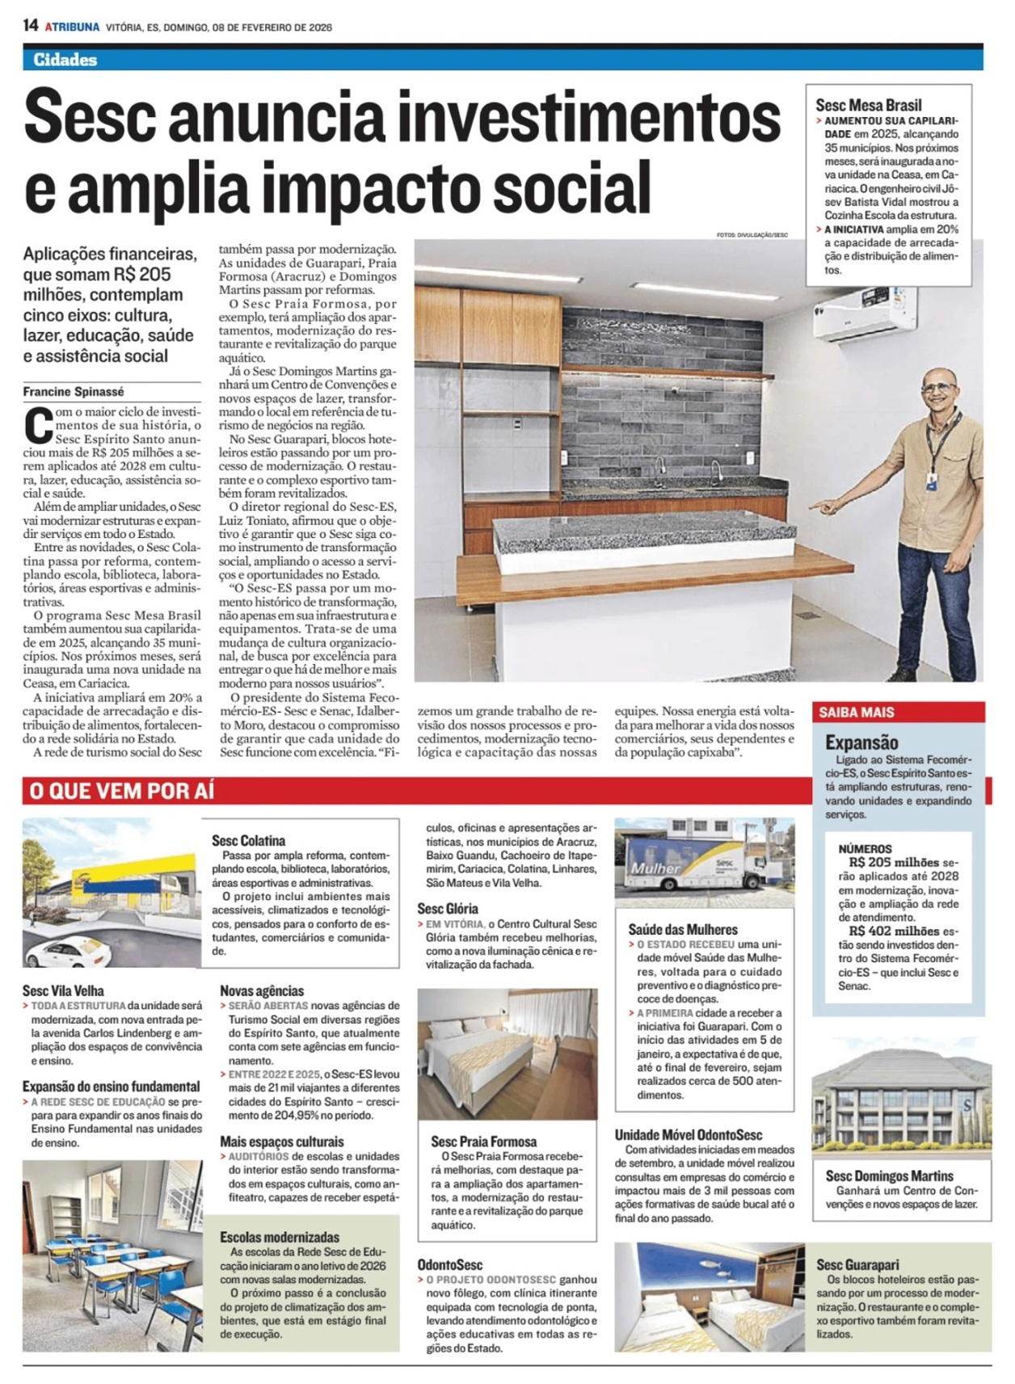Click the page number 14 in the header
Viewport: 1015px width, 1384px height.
tap(31, 25)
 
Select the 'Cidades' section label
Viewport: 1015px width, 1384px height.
tap(65, 59)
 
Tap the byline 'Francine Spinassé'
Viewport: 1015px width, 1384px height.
tap(74, 392)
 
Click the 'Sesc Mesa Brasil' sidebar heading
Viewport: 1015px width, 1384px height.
tap(869, 105)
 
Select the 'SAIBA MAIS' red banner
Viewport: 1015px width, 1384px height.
tap(857, 712)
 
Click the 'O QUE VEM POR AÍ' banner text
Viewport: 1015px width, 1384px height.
tap(122, 791)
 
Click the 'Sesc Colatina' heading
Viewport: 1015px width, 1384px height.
tap(249, 840)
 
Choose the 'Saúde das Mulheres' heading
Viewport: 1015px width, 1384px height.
tap(683, 929)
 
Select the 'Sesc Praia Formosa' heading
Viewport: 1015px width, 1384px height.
tap(483, 1141)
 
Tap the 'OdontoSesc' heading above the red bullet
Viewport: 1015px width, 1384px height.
tap(450, 1264)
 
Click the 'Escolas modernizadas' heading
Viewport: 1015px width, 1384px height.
tap(280, 1237)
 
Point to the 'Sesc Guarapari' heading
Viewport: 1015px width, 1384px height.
tap(857, 1264)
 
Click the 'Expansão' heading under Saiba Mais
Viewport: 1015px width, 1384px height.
tap(861, 742)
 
